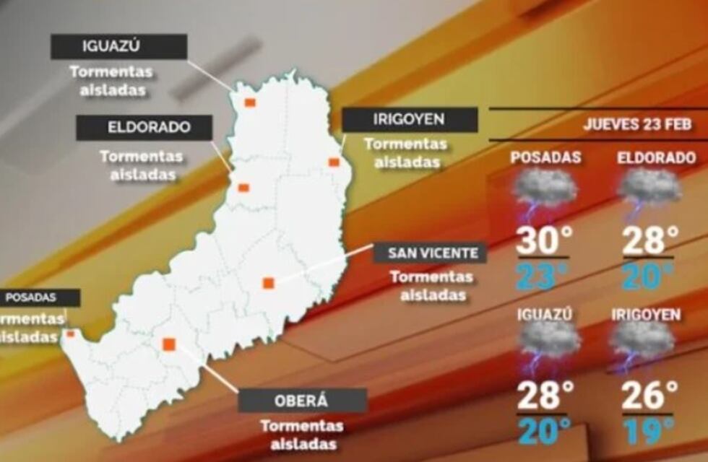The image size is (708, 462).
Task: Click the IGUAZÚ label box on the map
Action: click(118, 47)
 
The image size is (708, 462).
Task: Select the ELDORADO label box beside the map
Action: click(144, 128)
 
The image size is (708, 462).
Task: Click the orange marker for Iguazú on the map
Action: click(250, 103)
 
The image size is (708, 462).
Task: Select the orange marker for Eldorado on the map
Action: click(243, 188)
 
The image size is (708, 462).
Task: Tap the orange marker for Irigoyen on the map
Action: click(334, 162)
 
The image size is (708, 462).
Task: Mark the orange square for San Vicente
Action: click(268, 283)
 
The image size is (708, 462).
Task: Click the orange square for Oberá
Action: click(169, 344)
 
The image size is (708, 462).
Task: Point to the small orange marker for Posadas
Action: click(70, 334)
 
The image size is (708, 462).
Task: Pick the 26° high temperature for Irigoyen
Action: click(649, 396)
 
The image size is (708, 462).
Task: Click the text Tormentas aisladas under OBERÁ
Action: click(302, 435)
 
